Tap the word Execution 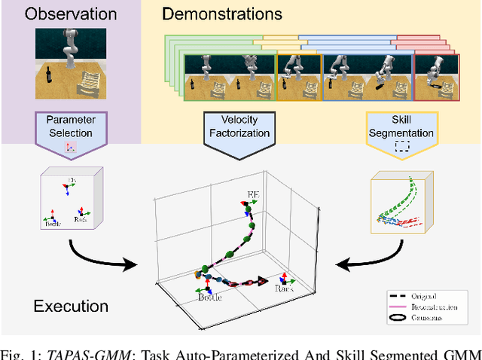coord(71,306)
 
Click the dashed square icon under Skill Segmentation coord(402,148)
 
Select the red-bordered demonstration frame coord(436,78)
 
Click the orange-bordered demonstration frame coord(299,78)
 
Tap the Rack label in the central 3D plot coord(284,289)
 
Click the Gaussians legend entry coord(427,318)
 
